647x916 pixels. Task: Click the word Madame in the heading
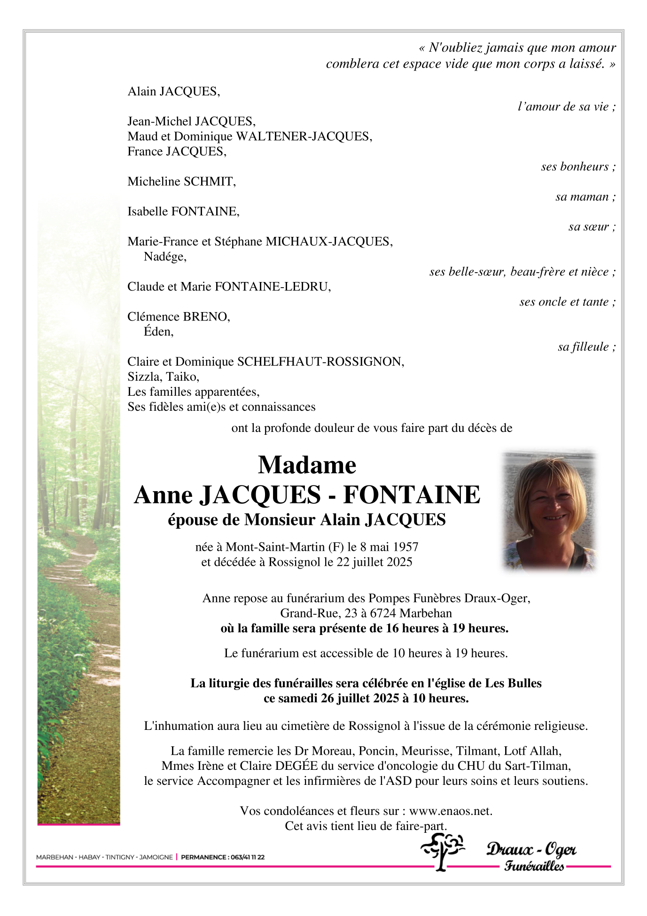(x=307, y=465)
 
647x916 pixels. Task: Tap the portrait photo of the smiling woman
(x=548, y=511)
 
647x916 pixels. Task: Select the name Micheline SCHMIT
(x=181, y=181)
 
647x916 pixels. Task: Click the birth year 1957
(x=405, y=547)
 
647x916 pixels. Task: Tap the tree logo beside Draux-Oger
(x=442, y=851)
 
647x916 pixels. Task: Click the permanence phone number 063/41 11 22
(x=246, y=857)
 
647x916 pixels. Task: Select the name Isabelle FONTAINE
(x=183, y=211)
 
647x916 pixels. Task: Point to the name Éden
(x=158, y=332)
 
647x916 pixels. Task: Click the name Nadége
(x=165, y=257)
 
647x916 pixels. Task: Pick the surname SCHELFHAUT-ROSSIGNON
(x=320, y=361)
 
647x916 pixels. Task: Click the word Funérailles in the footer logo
(x=534, y=866)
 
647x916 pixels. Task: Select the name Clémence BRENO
(x=179, y=317)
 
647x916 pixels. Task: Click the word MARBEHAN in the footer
(x=54, y=857)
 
